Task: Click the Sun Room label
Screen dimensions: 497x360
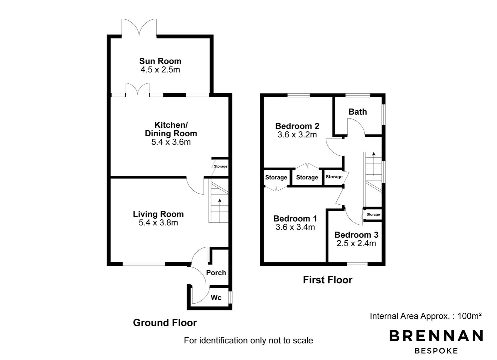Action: (160, 61)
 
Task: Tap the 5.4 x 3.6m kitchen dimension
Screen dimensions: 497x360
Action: (171, 142)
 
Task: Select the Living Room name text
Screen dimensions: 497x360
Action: (158, 214)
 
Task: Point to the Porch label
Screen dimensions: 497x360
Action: (216, 272)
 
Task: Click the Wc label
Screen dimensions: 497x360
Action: (216, 297)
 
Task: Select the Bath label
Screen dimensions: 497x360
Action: (358, 112)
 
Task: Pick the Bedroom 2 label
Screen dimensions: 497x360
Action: (297, 126)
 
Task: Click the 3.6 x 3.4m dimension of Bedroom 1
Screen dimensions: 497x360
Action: (295, 227)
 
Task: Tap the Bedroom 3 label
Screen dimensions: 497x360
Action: (356, 235)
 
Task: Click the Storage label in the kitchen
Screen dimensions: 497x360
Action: (220, 166)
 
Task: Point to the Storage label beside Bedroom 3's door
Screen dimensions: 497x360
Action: (373, 214)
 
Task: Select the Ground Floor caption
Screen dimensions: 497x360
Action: (165, 323)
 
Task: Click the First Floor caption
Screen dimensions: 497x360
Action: (328, 280)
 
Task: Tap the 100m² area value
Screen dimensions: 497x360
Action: (469, 316)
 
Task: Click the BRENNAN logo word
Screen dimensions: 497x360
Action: (436, 336)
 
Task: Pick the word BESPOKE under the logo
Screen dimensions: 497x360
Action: (436, 351)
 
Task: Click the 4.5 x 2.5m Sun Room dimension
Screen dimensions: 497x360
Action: (160, 70)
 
